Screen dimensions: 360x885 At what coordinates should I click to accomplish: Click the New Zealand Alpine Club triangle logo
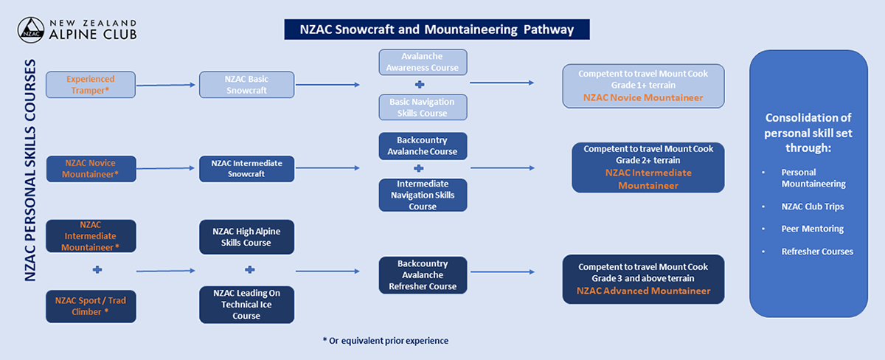[x=29, y=30]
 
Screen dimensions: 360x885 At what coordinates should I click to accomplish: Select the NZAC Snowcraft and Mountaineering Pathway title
[x=437, y=30]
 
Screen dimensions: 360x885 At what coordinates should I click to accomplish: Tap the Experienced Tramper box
[x=91, y=85]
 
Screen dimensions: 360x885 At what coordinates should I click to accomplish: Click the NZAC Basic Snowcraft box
[x=246, y=85]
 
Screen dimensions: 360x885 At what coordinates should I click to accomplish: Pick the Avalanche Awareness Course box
[x=423, y=62]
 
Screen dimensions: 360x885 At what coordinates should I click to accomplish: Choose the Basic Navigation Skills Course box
[x=423, y=107]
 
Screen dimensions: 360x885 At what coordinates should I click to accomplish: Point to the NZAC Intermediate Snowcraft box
[x=246, y=168]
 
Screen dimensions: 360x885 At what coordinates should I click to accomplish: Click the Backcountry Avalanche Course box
[x=423, y=145]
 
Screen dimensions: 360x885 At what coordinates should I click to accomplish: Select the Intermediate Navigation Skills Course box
[x=423, y=195]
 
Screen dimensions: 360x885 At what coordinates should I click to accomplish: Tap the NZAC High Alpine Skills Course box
[x=246, y=237]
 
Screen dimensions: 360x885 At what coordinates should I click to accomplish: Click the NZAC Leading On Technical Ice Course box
[x=246, y=304]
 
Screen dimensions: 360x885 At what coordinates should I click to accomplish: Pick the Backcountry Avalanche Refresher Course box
[x=423, y=275]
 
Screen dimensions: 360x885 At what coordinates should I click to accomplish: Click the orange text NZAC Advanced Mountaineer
[x=643, y=291]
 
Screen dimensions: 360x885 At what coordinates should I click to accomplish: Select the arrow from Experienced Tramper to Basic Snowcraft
[x=167, y=86]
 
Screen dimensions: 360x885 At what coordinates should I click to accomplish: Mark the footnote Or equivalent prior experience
[x=385, y=341]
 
